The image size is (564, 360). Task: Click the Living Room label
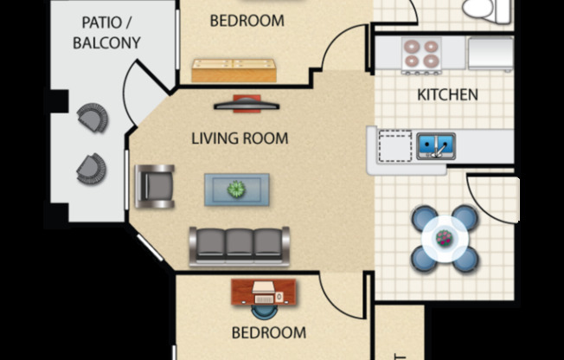pyautogui.click(x=240, y=138)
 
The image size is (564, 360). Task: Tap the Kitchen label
pyautogui.click(x=447, y=95)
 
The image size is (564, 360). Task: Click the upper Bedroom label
pyautogui.click(x=247, y=21)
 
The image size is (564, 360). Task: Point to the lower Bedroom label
pyautogui.click(x=268, y=332)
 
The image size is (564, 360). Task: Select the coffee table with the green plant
pyautogui.click(x=236, y=190)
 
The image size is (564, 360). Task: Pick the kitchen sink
pyautogui.click(x=436, y=145)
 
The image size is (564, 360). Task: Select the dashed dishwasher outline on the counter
pyautogui.click(x=395, y=146)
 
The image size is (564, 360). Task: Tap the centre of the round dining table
pyautogui.click(x=444, y=235)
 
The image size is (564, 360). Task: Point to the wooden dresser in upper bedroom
pyautogui.click(x=234, y=70)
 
